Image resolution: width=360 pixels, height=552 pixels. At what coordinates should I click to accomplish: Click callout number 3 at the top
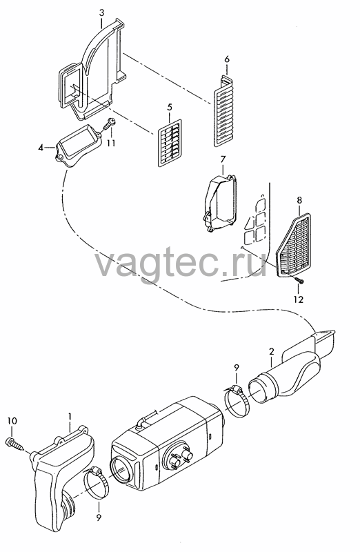point(101,12)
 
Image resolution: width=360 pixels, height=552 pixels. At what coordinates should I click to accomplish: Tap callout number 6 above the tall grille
point(227,59)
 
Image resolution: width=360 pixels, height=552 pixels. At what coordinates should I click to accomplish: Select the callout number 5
point(170,107)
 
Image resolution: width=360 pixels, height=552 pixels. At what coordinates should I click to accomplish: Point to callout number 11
point(111,144)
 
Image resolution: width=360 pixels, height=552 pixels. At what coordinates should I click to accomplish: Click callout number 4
point(41,148)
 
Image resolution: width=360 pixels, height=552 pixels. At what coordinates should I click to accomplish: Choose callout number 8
point(299,201)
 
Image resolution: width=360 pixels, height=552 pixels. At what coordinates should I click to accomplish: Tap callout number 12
point(298,299)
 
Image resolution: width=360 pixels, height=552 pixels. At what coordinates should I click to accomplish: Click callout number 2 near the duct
point(271,351)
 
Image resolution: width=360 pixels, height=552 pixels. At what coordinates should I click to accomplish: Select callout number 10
point(12,421)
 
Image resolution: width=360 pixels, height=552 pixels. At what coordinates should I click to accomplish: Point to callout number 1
point(70,417)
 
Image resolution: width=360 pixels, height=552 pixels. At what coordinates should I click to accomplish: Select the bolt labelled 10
point(15,444)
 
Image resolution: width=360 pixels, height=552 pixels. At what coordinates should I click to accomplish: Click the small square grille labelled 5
point(170,141)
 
